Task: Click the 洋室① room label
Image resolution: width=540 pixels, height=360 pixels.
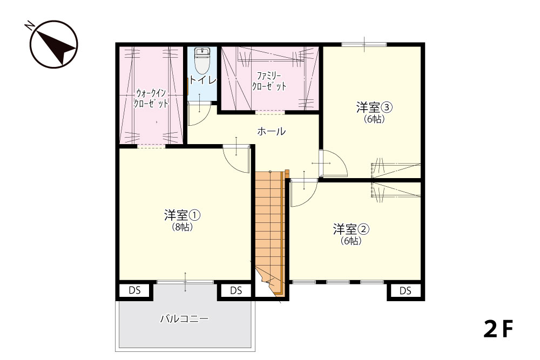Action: (182, 216)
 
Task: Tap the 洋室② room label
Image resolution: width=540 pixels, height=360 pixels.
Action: (352, 229)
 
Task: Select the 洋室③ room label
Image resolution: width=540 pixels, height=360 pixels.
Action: (374, 108)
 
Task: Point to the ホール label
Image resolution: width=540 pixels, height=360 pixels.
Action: (272, 131)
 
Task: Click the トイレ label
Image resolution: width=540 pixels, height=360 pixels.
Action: (202, 80)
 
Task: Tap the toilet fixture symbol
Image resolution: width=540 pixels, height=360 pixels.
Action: (202, 59)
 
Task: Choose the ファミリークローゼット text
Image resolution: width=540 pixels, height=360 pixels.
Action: (269, 81)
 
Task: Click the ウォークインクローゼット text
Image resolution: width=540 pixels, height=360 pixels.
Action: (151, 98)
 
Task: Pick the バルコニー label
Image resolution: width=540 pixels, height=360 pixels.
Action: (185, 318)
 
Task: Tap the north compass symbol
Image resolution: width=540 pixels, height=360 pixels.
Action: (53, 44)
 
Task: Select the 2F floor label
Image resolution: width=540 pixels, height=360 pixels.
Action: (498, 329)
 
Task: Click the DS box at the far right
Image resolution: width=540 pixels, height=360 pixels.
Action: (406, 291)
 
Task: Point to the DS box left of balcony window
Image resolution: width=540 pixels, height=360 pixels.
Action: (134, 290)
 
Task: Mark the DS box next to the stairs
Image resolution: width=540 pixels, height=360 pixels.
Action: (236, 291)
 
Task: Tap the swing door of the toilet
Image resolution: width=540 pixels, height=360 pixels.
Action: (198, 114)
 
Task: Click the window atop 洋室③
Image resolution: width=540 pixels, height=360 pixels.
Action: (364, 44)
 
